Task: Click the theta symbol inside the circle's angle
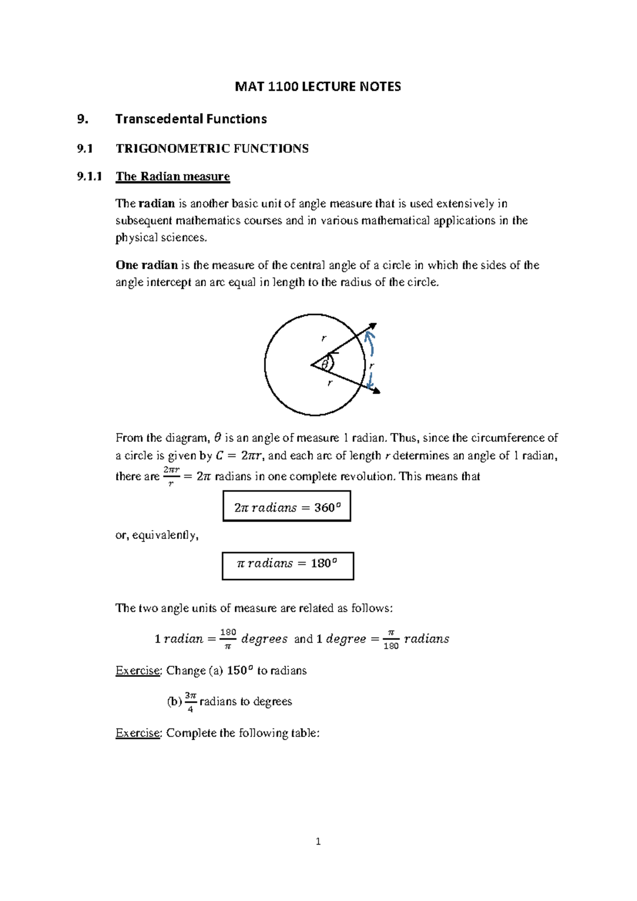coord(324,364)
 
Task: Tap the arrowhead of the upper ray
coord(373,326)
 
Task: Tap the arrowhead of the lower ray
coord(377,392)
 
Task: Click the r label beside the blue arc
coord(372,365)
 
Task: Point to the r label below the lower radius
coord(330,382)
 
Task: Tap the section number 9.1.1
coord(89,176)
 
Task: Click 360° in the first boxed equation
coord(324,507)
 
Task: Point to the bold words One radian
coord(147,265)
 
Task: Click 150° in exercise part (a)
coord(237,670)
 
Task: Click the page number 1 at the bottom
coord(318,841)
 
